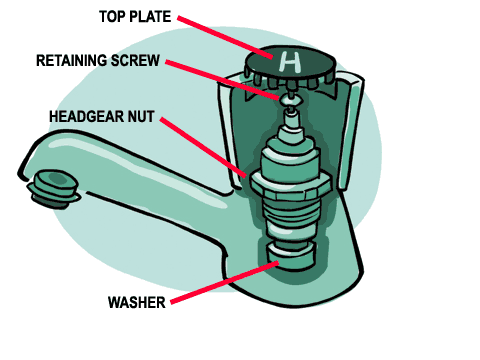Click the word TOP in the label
[x=115, y=17]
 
